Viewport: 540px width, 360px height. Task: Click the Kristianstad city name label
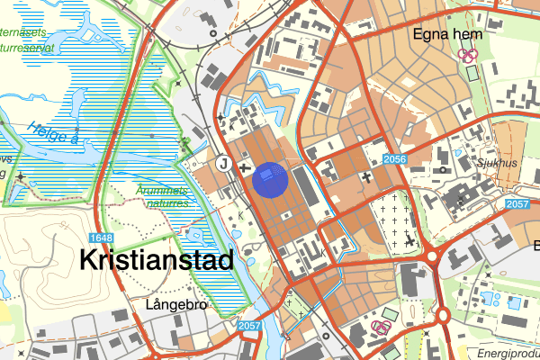[x=157, y=261]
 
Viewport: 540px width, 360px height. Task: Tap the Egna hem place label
[x=447, y=34]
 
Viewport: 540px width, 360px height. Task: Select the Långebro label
[x=175, y=305]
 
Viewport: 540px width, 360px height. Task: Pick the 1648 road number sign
[x=101, y=238]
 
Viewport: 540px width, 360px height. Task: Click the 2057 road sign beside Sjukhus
[x=517, y=205]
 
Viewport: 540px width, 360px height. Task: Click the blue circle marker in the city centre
[x=270, y=177]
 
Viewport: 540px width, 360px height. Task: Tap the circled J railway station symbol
[x=223, y=163]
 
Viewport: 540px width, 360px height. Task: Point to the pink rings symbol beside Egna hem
[x=467, y=55]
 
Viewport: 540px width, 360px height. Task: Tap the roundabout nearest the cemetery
[x=432, y=257]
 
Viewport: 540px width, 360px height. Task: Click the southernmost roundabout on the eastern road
[x=444, y=315]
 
